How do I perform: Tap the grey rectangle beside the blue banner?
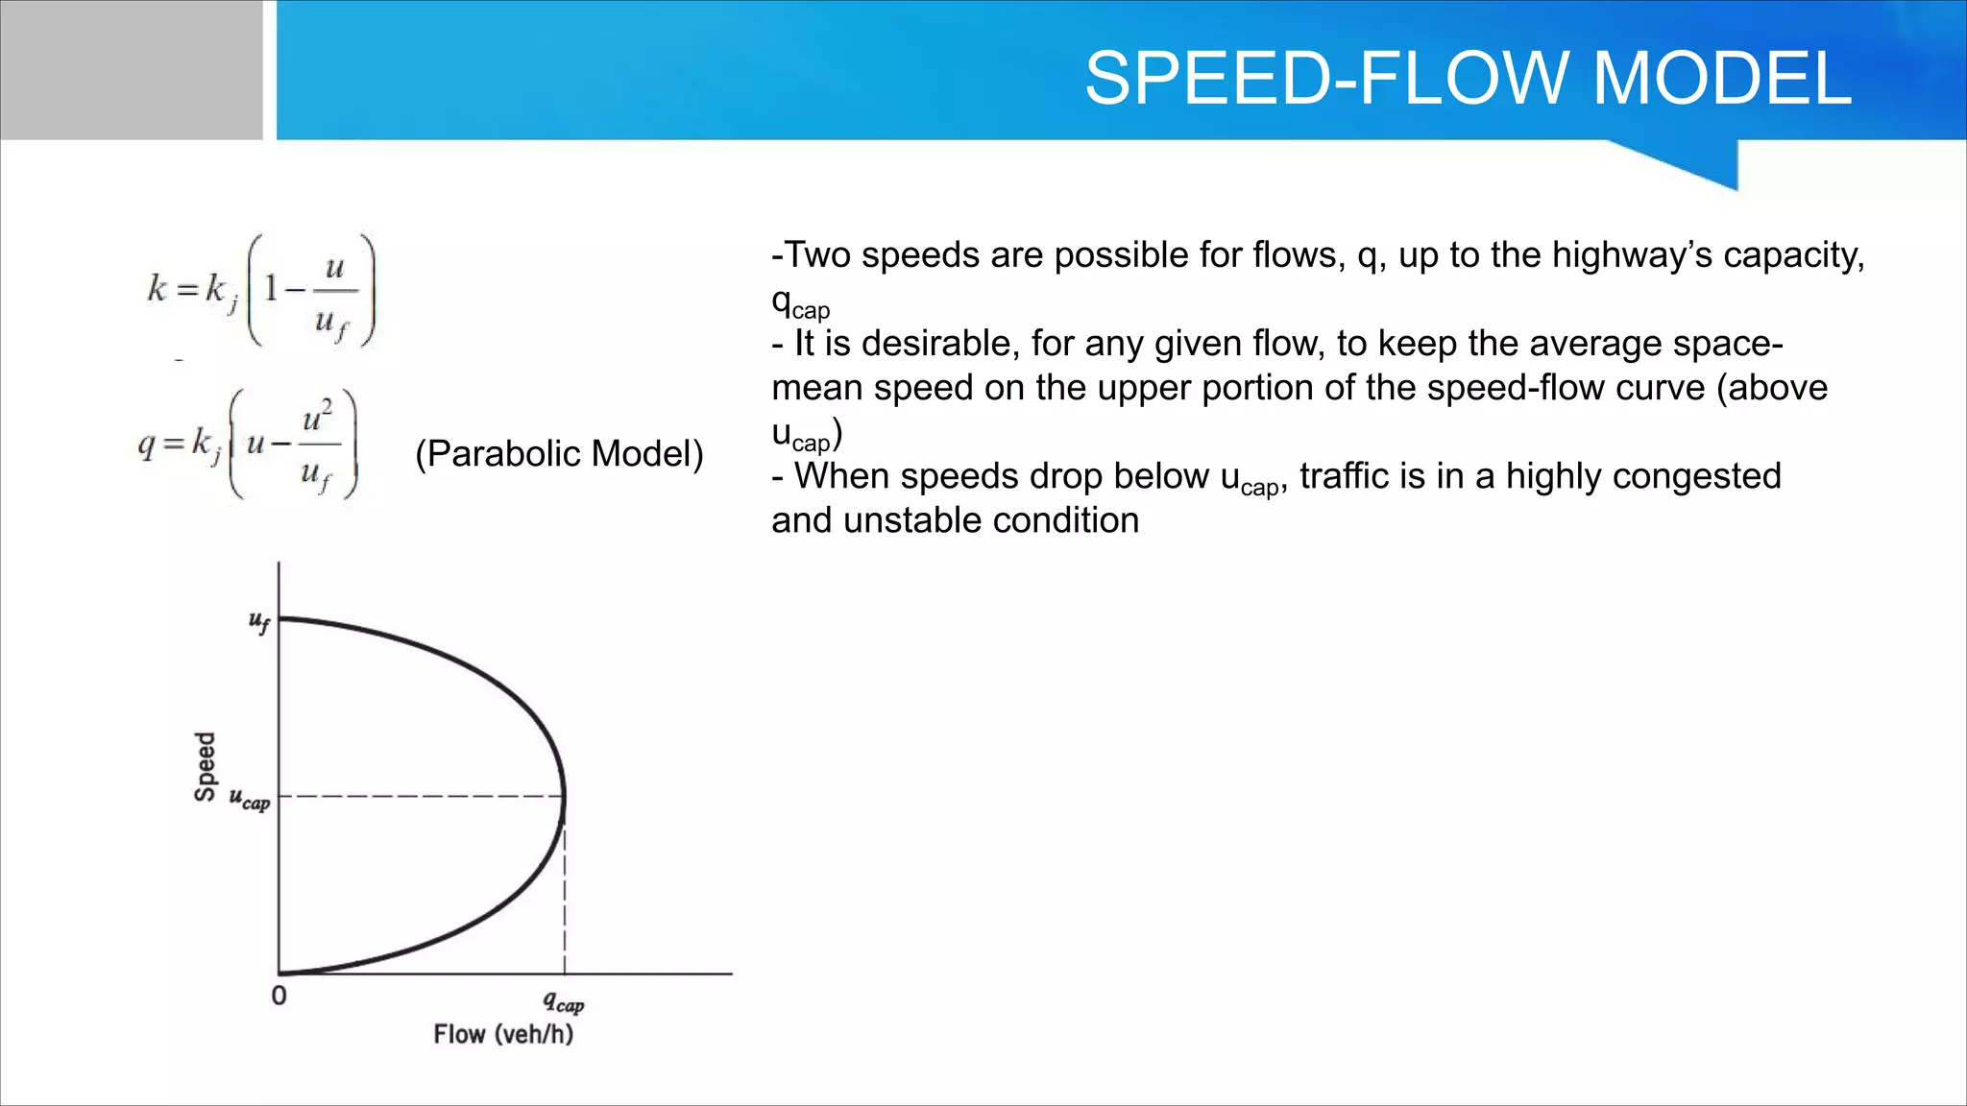131,69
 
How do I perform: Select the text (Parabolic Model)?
559,453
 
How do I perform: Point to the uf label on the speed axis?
259,622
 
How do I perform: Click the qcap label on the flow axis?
563,1002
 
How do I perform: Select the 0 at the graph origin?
279,996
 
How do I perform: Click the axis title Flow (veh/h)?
503,1034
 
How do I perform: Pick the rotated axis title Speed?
205,765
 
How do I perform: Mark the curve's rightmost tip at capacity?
564,795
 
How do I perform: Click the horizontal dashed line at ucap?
423,796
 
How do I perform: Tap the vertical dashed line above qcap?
565,893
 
